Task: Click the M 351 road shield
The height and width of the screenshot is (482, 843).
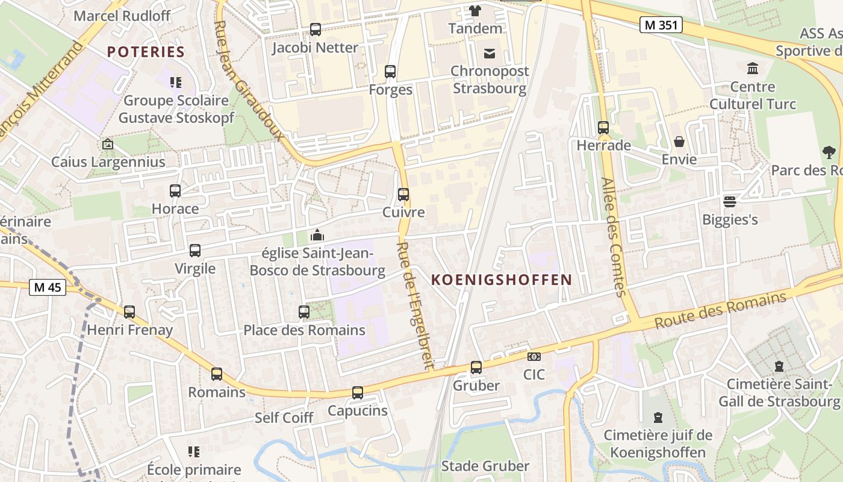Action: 661,25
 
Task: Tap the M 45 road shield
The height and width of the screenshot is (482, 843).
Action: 48,287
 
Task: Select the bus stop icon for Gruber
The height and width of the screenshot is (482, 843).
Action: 476,367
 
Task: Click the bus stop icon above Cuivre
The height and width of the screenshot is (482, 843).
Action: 403,195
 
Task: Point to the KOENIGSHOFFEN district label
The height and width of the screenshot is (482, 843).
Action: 501,280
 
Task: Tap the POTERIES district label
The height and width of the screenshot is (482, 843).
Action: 146,52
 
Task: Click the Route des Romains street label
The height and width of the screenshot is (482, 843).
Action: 720,310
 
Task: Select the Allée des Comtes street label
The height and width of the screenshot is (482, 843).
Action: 614,237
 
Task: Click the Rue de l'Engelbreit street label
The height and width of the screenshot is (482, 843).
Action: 415,305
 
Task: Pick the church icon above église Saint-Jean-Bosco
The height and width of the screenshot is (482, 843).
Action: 317,235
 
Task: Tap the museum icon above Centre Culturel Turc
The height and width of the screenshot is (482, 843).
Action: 752,68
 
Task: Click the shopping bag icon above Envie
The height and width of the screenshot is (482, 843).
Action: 679,142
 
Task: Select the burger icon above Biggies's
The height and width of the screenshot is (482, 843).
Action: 730,201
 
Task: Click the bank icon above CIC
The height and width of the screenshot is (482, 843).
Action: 533,357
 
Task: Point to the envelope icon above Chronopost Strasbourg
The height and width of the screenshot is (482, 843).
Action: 490,54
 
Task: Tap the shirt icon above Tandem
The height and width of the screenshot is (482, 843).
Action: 475,10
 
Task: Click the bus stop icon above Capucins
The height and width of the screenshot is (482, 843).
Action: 358,393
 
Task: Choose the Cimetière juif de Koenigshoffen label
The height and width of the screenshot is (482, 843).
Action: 658,443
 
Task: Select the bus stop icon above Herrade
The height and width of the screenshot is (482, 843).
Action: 603,128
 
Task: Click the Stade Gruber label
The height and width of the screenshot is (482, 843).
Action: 485,466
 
